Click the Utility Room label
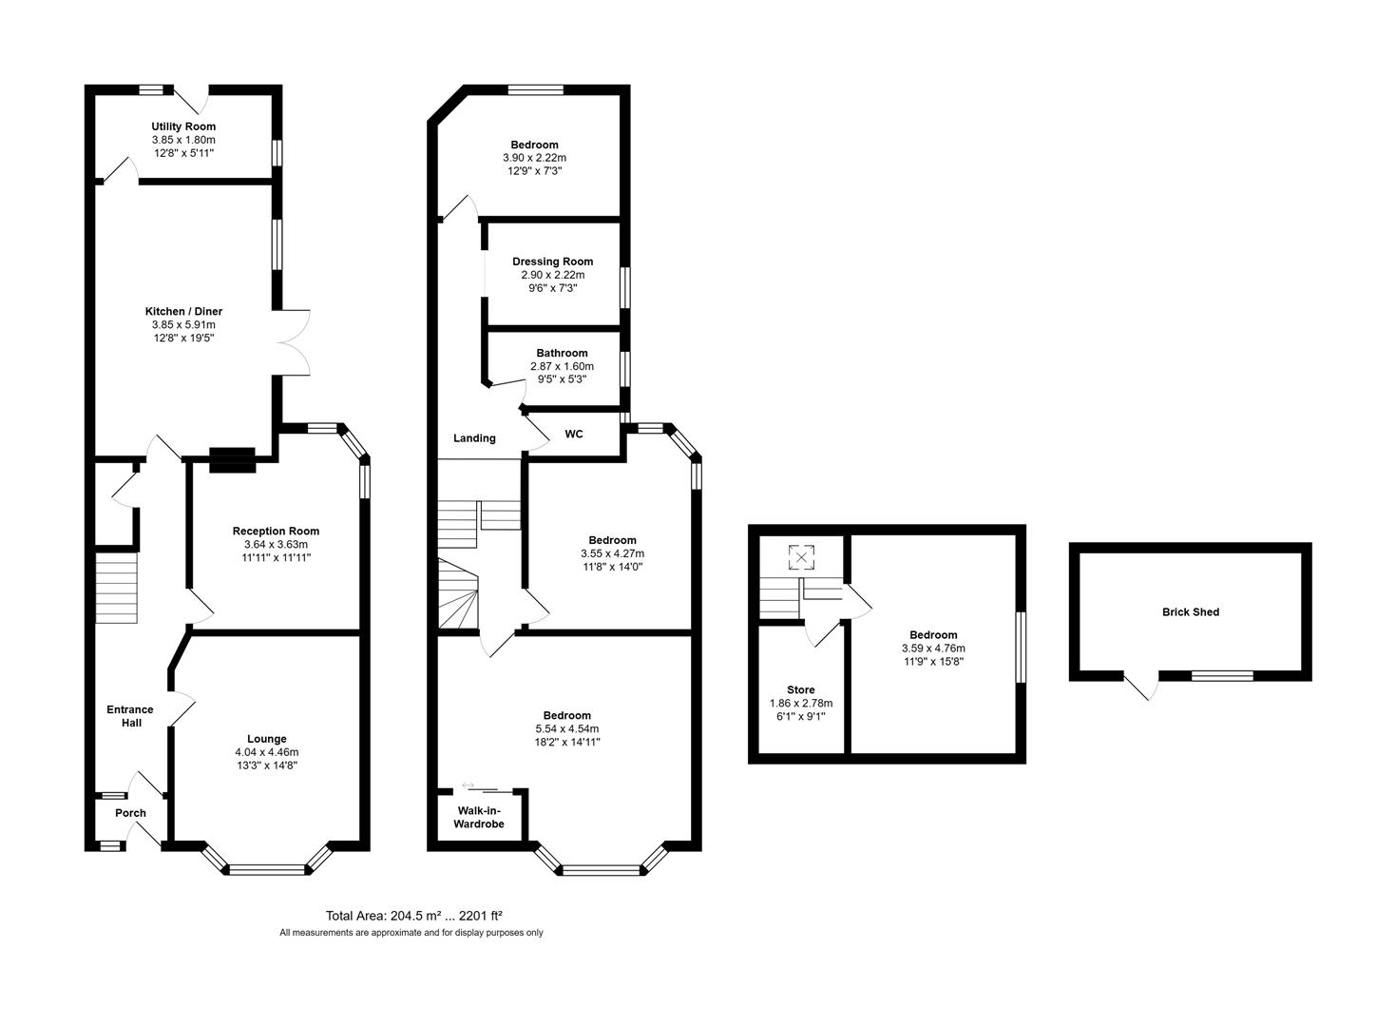(x=183, y=126)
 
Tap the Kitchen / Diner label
(x=183, y=311)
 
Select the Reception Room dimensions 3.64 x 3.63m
(x=276, y=545)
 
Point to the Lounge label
(x=267, y=739)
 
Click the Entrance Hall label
(x=130, y=716)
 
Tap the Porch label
(x=130, y=813)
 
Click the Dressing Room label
(x=552, y=262)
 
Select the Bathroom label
(x=562, y=353)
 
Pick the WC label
(x=574, y=435)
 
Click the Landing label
(x=474, y=438)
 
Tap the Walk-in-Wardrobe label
(x=479, y=817)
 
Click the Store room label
(x=800, y=690)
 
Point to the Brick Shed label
(x=1190, y=612)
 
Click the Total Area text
(x=413, y=916)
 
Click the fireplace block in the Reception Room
(x=232, y=460)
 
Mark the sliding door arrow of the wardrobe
(x=468, y=785)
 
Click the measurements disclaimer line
(x=411, y=933)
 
